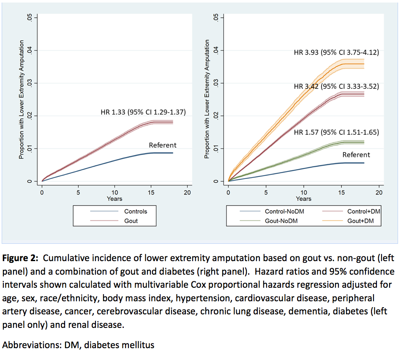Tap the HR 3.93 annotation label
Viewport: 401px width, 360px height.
pos(336,53)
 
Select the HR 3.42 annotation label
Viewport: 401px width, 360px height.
pos(336,87)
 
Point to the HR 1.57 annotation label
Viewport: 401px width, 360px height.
pos(336,132)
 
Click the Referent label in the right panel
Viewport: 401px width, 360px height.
pos(356,155)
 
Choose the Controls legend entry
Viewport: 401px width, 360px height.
pos(135,211)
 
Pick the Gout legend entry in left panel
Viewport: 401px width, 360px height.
pos(131,221)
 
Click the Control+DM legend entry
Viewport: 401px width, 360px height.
pos(362,211)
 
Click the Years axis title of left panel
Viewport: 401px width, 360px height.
pos(115,199)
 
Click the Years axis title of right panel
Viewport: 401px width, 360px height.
pos(303,199)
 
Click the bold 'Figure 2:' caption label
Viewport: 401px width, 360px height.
pos(21,258)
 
